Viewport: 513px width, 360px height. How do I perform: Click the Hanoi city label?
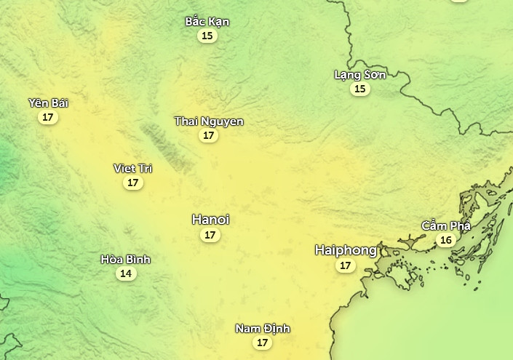210,219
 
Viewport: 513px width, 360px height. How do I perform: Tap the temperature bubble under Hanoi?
210,235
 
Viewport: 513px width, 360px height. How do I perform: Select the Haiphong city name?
346,250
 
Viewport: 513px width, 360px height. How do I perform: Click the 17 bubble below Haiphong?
346,266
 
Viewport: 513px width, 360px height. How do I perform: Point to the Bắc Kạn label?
207,21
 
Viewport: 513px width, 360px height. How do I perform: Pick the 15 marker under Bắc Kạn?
207,36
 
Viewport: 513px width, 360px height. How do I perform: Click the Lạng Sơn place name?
360,74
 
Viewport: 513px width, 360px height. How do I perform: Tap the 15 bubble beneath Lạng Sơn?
360,89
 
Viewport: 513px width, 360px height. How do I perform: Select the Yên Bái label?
48,103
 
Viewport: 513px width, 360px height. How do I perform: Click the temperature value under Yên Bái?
48,117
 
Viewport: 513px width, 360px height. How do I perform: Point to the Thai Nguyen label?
209,121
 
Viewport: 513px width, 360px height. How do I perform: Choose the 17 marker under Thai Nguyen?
209,135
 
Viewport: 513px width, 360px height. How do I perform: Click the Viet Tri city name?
133,168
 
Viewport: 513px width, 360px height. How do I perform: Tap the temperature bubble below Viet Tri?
133,183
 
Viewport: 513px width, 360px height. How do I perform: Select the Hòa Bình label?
126,259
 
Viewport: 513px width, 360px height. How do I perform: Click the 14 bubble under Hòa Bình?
126,273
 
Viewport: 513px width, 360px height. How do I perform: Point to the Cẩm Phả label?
446,225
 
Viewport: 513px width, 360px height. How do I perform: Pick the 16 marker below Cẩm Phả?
446,240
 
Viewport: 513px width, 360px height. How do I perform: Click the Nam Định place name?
263,329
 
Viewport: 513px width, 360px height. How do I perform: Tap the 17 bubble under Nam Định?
263,343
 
